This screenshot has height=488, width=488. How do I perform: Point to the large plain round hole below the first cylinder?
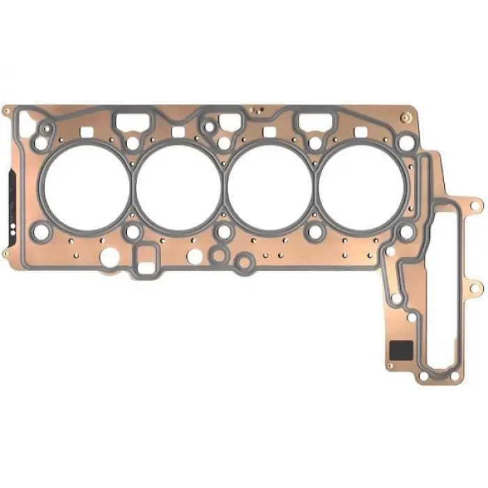coord(109,259)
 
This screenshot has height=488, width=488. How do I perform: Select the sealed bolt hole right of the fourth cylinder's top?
coord(404,144)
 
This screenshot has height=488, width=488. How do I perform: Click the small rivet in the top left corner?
coord(6,111)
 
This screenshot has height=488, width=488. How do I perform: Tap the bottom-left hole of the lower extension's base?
coord(422,377)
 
